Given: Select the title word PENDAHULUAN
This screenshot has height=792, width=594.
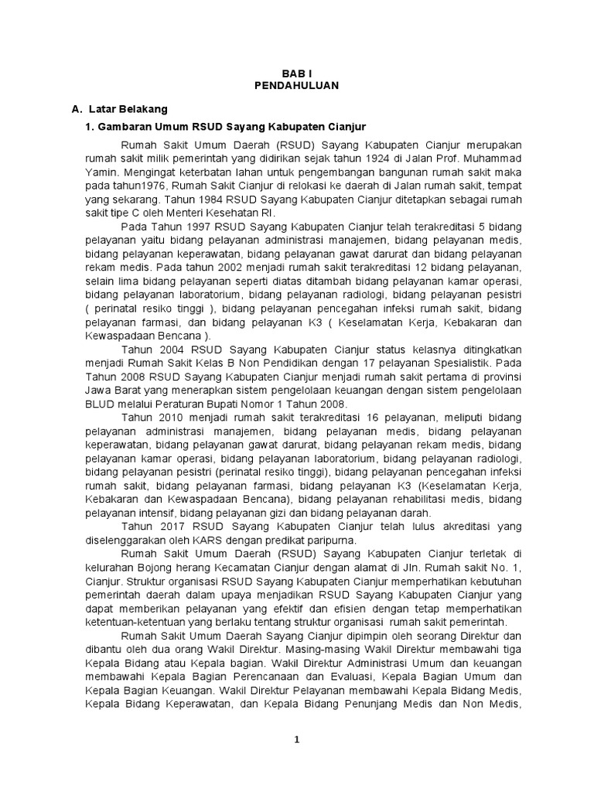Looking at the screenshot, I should [x=296, y=86].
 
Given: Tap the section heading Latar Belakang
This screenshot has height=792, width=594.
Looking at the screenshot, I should [x=128, y=109].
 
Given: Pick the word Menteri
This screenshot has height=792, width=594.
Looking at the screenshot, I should [x=197, y=213].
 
